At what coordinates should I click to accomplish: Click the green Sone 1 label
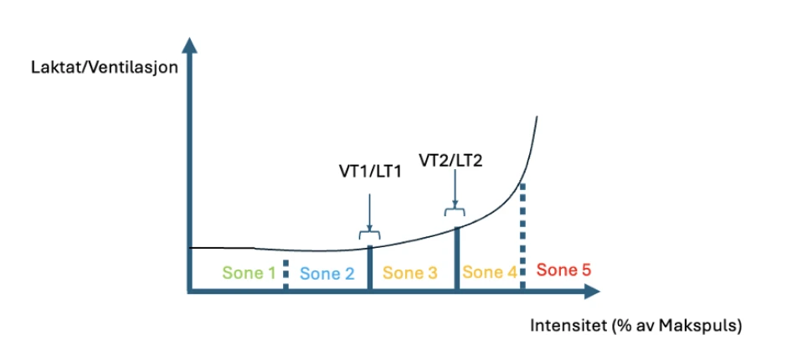[249, 272]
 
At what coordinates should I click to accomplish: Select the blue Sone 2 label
[327, 273]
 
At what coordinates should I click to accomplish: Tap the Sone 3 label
[409, 272]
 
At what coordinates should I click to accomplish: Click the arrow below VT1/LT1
[368, 209]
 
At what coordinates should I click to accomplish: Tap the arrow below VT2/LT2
[455, 188]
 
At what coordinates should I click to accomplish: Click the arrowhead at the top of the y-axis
[191, 44]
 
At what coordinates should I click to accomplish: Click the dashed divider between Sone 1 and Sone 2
[286, 275]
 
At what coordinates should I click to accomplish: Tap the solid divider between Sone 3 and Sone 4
[456, 258]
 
